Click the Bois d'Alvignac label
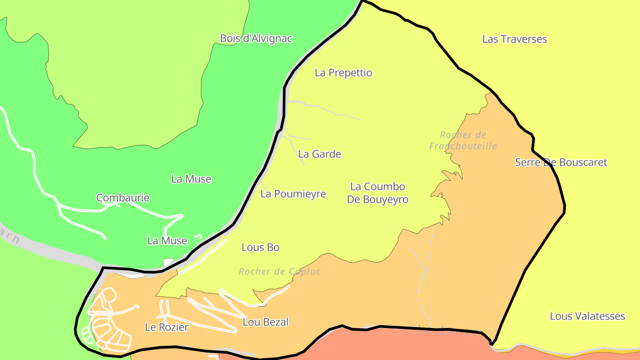[x=256, y=39]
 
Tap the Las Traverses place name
[x=514, y=39]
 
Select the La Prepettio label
[x=343, y=73]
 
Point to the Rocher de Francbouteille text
[x=463, y=140]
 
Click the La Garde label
[x=320, y=154]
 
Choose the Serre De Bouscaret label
[x=561, y=162]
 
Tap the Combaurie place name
[x=123, y=198]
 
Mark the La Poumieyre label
[x=293, y=194]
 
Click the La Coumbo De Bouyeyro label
[x=377, y=193]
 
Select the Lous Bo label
[x=260, y=248]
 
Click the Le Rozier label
[x=167, y=328]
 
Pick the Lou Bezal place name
[x=266, y=322]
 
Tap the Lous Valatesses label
[x=587, y=316]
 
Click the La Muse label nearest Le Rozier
[x=167, y=241]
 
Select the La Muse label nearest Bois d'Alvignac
[x=191, y=179]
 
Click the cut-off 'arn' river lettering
[x=10, y=236]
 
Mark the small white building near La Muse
[x=168, y=263]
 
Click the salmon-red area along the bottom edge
[x=400, y=347]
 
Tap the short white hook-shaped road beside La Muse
[x=198, y=236]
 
